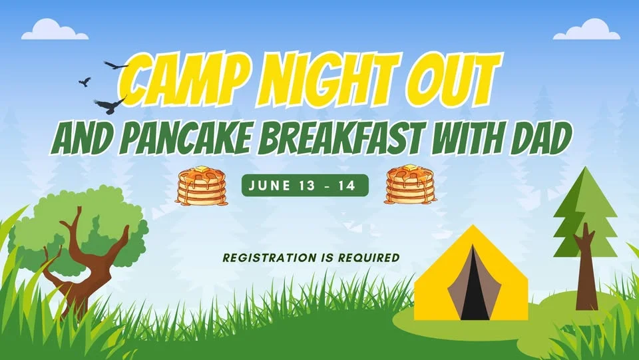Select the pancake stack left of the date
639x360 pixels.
[x=201, y=186]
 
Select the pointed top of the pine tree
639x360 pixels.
[x=584, y=174]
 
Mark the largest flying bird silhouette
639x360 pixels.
[x=110, y=104]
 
